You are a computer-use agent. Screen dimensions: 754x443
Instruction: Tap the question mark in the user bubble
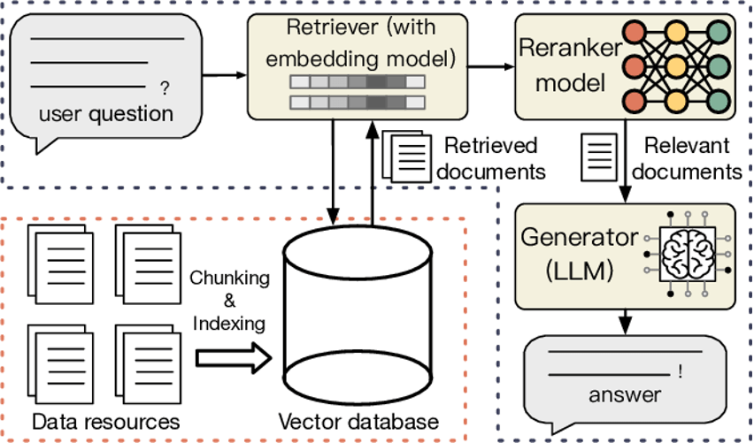click(x=165, y=88)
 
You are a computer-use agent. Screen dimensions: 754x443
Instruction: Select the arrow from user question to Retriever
click(x=225, y=75)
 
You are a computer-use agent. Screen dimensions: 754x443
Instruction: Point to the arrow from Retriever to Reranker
click(x=491, y=67)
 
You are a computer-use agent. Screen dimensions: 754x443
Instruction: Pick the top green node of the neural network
click(x=719, y=33)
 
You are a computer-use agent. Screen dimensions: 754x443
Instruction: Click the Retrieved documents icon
click(x=406, y=157)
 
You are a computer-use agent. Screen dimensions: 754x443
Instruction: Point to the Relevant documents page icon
click(x=599, y=157)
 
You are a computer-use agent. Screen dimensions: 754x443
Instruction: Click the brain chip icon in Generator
click(x=688, y=254)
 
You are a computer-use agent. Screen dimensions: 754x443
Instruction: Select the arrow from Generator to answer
click(x=625, y=322)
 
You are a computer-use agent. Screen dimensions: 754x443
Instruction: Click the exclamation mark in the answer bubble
click(x=680, y=371)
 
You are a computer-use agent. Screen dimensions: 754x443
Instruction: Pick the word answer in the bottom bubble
click(x=625, y=395)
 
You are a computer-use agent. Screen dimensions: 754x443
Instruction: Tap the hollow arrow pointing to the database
click(x=234, y=358)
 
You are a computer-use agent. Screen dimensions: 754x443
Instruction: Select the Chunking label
click(x=229, y=279)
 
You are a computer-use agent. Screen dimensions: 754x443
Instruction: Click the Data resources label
click(x=106, y=422)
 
